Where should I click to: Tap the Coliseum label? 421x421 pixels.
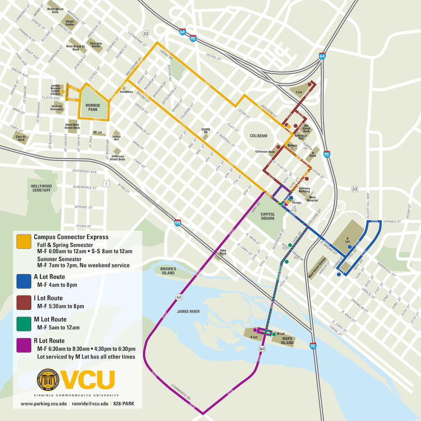258,136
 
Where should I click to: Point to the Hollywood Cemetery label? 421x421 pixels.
41,188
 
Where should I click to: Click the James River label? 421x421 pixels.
188,311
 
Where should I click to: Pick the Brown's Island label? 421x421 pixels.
168,271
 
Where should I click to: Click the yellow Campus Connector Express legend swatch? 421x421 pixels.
22,241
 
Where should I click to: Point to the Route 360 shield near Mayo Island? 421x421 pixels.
262,349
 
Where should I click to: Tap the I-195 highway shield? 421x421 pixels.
178,223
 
